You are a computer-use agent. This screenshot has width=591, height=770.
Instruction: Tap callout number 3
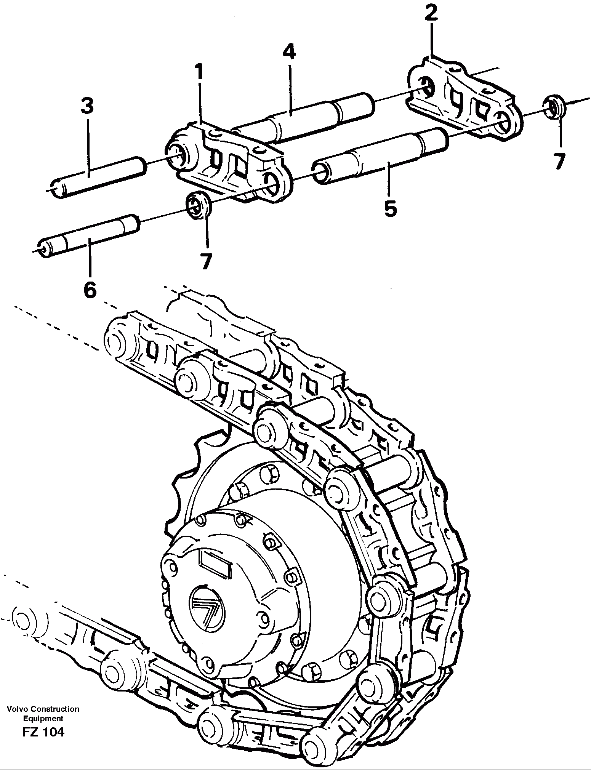pos(87,106)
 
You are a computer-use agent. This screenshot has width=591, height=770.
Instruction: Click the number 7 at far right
pos(559,161)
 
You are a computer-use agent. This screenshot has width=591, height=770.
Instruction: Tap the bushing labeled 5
pos(381,156)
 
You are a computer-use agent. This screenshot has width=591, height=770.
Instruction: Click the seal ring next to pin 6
pos(198,206)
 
